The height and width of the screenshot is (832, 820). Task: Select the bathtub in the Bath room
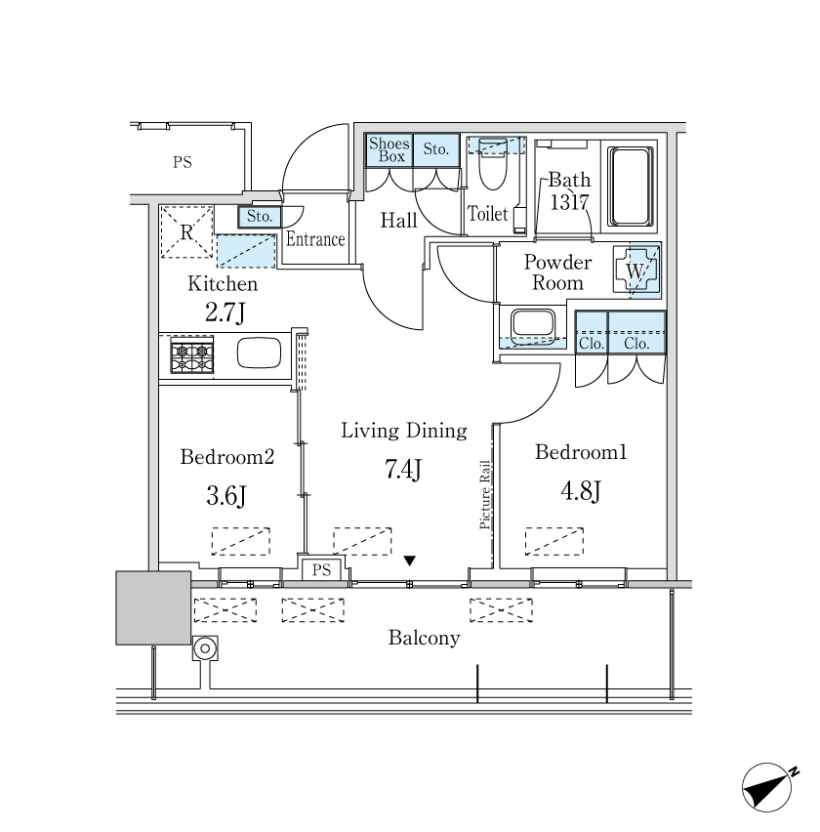tap(630, 186)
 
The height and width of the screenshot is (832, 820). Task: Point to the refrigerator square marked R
tap(186, 231)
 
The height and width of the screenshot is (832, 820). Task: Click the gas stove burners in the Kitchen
tap(191, 355)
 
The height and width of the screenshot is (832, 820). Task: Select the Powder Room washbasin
tap(532, 325)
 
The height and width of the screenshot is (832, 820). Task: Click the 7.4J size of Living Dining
tap(403, 470)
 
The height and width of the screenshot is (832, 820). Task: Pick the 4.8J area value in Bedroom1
tap(580, 490)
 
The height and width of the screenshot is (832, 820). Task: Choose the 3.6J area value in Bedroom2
tap(224, 496)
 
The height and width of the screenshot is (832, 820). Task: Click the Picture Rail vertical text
tap(485, 495)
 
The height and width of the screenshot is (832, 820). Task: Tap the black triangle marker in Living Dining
tap(411, 561)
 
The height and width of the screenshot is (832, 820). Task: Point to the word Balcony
tap(424, 639)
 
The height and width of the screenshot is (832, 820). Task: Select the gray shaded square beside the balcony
tap(153, 607)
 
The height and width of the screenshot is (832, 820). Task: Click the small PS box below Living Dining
tap(322, 570)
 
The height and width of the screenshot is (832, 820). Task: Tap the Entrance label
tap(315, 239)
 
